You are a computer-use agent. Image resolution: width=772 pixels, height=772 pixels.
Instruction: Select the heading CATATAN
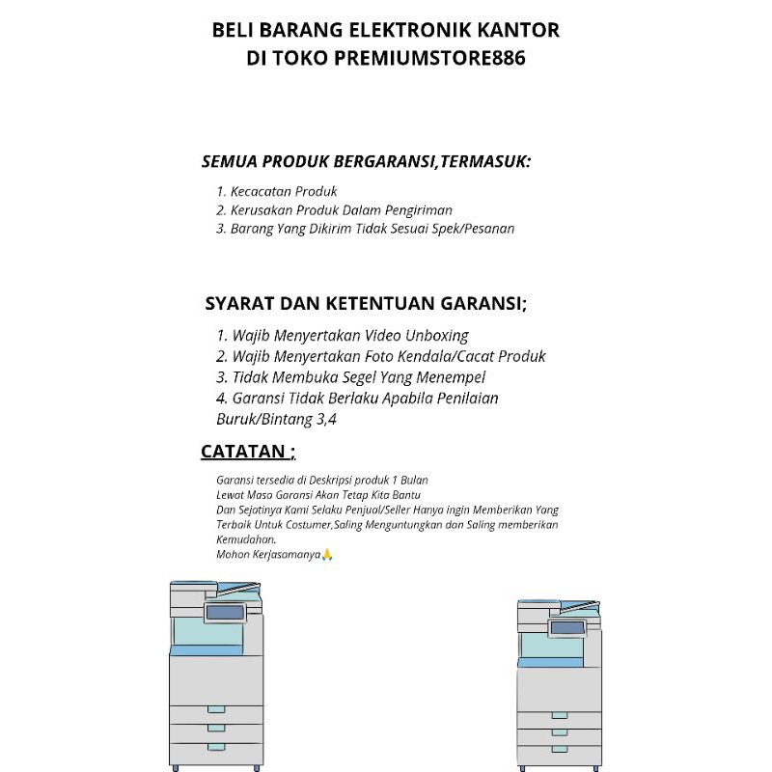243,452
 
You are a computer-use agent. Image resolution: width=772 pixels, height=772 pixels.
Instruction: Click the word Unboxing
436,336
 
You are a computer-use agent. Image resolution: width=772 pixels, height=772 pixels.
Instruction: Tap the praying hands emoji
326,555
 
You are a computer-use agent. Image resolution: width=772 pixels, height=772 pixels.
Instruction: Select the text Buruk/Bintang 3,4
276,420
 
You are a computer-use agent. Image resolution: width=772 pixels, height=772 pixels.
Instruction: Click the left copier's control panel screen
224,613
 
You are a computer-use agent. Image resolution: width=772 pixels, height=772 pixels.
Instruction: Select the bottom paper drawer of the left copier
216,752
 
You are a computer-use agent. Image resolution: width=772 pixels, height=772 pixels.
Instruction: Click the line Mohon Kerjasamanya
268,555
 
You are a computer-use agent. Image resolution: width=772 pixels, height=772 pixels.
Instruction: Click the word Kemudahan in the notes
246,539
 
